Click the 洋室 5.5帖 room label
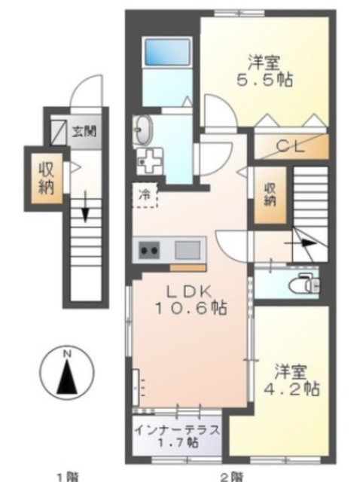264,71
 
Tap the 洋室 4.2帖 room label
291,380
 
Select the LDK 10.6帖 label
191,300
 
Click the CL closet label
291,146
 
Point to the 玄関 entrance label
84,131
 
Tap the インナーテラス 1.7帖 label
178,436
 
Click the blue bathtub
167,52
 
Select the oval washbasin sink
144,130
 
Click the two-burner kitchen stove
150,250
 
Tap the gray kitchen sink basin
188,250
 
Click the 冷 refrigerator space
145,195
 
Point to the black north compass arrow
67,377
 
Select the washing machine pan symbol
149,161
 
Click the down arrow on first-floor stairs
85,206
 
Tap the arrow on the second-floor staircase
304,243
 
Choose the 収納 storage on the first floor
47,178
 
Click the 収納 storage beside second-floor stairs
270,194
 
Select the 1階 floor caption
69,477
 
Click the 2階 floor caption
232,477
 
